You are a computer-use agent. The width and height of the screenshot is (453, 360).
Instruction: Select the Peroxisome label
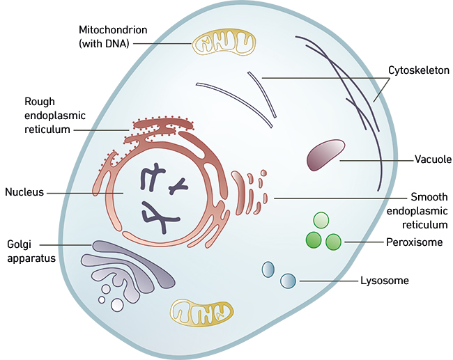[x=414, y=242]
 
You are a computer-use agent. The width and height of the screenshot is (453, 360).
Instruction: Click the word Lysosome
[x=384, y=281]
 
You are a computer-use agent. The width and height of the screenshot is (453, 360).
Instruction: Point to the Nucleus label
[x=24, y=191]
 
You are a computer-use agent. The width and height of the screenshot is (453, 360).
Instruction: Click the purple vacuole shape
[x=325, y=155]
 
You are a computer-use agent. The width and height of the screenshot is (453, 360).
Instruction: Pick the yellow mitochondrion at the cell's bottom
[x=202, y=313]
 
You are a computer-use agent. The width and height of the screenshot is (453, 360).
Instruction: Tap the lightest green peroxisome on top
[x=321, y=221]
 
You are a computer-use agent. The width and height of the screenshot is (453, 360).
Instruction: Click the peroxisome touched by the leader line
[x=334, y=242]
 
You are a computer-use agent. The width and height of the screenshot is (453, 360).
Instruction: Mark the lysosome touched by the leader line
[x=288, y=281]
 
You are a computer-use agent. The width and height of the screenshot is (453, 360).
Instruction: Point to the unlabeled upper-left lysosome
[x=268, y=269]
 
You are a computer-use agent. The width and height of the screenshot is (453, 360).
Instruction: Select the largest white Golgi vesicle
[x=118, y=305]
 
